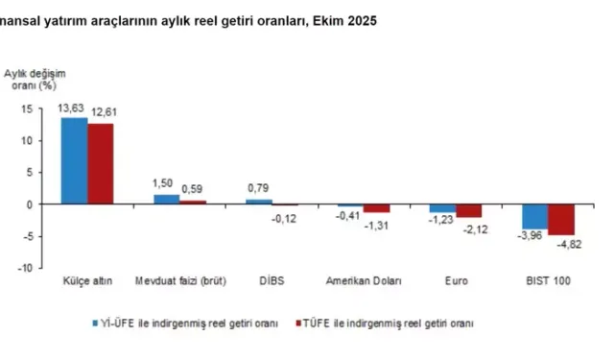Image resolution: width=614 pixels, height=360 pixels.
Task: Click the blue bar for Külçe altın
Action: coord(75,160)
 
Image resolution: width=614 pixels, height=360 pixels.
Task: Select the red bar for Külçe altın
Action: coord(101,164)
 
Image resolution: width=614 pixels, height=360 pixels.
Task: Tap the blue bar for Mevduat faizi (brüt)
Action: coord(166,200)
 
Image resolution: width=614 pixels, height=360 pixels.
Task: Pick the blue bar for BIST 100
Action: coord(534,217)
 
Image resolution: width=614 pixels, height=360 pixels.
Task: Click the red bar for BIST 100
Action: coord(560,220)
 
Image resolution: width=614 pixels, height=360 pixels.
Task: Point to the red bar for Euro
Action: coord(468,211)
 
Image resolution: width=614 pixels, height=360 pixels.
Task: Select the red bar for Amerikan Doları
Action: coord(377,208)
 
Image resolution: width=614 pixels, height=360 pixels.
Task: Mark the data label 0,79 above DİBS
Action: coord(258,187)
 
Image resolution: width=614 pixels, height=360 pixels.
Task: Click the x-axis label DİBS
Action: coord(271,281)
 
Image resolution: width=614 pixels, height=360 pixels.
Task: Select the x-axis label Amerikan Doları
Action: coord(364,281)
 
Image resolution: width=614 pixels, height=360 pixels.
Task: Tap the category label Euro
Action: coord(455,281)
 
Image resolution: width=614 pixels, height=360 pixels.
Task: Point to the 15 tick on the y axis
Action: coord(28,108)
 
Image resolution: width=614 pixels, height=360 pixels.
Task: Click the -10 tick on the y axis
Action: coord(26,268)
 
